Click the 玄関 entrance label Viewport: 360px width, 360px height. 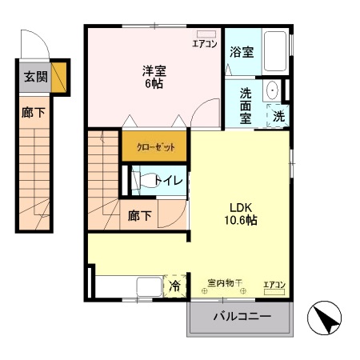pos(36,77)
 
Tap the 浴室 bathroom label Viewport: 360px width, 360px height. pos(242,52)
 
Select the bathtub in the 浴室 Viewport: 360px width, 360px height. pos(275,51)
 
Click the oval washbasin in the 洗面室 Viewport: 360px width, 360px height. pos(272,90)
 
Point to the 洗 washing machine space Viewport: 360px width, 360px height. pos(278,116)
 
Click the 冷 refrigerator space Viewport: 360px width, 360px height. pos(174,286)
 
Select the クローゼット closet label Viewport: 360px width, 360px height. pos(156,147)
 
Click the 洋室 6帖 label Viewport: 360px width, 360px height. pos(154,77)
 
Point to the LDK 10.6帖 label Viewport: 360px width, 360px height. pos(241,214)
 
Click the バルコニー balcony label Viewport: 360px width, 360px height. pos(242,317)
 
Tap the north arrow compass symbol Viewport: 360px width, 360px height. pos(324,318)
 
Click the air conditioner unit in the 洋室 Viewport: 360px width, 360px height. pos(206,34)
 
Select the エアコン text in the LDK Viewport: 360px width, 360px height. pos(274,285)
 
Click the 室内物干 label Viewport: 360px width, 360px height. pos(225,282)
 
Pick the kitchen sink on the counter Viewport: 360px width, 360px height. pos(150,286)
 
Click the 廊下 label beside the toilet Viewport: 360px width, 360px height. pos(140,215)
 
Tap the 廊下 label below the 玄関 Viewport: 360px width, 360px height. pos(34,113)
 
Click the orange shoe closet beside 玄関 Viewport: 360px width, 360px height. pos(58,78)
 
